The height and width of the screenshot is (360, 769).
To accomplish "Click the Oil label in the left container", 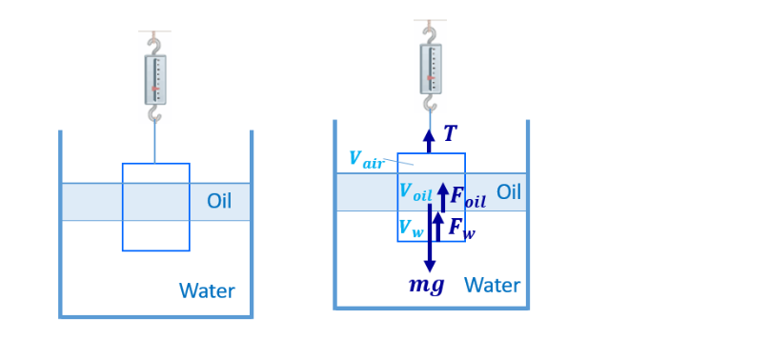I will (219, 202).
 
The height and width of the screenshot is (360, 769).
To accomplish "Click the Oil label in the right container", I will (509, 191).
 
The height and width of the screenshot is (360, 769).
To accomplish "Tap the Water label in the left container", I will (207, 290).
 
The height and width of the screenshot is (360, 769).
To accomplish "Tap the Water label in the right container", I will (492, 285).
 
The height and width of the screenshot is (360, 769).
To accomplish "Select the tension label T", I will (451, 134).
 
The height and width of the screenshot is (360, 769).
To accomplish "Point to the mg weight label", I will (426, 285).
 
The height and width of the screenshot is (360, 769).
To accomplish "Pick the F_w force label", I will (461, 228).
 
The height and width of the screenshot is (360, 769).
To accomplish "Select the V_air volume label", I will (366, 160).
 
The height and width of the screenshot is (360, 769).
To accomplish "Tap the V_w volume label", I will (412, 228).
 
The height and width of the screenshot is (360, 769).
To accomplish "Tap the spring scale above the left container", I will (154, 78).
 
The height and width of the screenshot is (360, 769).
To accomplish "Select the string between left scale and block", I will (154, 143).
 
